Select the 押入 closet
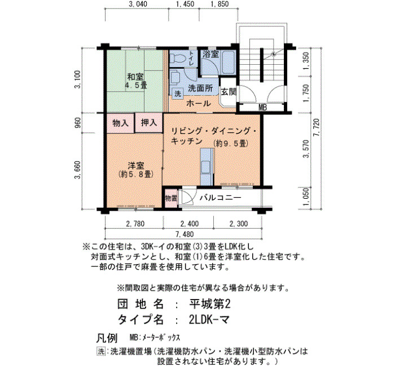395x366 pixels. pos(148,123)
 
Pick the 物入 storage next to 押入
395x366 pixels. pos(120,123)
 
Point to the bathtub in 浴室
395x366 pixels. pos(229,62)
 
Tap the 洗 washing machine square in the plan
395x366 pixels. pos(178,94)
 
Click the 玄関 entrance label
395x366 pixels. pos(229,92)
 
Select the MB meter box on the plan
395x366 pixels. pos(262,108)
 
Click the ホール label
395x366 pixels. pos(199,103)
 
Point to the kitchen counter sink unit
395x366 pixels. pos(207,167)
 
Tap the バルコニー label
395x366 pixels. pos(221,198)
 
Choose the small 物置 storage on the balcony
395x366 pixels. pos(171,198)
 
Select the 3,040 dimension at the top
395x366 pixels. pos(138,4)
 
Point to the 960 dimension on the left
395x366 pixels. pos(78,123)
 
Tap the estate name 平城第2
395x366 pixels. pos(210,305)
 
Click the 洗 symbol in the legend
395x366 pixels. pos(101,351)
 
